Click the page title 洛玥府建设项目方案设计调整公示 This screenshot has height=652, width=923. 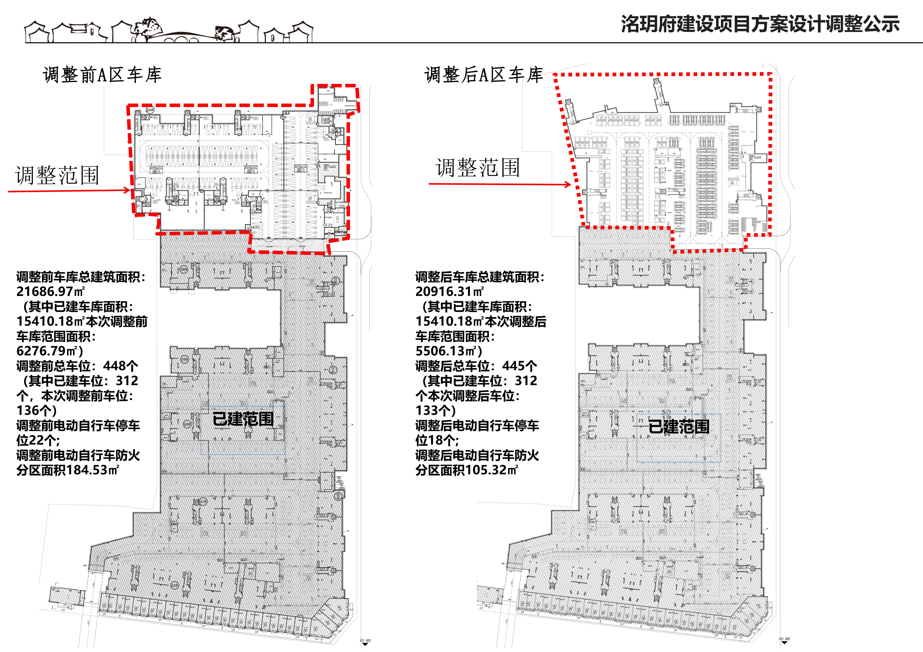(760, 24)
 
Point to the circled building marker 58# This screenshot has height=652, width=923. (184, 269)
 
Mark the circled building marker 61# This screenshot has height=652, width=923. (203, 502)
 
